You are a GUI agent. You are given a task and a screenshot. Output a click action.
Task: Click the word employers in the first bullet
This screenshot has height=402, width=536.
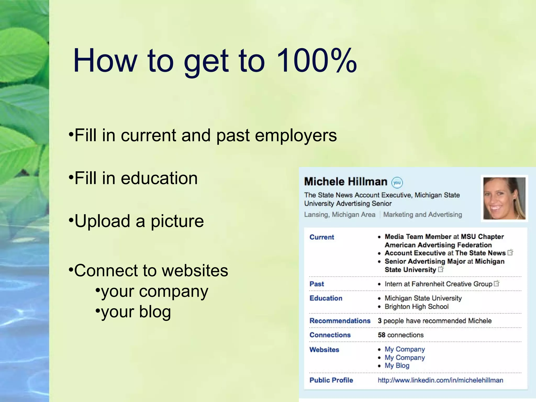click(x=296, y=136)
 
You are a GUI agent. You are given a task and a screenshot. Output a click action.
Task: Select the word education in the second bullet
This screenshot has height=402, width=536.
click(x=159, y=178)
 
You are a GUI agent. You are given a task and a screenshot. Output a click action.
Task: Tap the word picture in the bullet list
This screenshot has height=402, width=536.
click(x=177, y=221)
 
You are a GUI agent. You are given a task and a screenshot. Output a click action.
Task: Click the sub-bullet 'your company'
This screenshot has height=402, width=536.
click(x=154, y=291)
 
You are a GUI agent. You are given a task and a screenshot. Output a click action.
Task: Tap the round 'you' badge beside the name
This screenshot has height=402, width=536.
click(x=397, y=183)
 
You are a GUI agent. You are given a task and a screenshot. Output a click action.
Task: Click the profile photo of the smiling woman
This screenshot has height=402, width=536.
click(x=504, y=198)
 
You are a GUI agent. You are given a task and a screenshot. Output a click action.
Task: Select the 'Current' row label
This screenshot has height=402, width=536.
click(x=322, y=237)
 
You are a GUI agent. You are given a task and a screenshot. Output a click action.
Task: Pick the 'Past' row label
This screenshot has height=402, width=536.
click(x=317, y=284)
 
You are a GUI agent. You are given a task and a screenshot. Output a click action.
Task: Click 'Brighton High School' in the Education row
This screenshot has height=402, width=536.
click(x=416, y=307)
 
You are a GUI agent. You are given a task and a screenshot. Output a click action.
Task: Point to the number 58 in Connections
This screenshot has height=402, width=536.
click(x=381, y=335)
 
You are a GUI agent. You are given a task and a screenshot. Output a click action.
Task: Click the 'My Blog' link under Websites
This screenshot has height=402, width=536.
click(x=397, y=366)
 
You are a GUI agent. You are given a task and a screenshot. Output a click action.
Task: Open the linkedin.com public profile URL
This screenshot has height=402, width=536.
click(x=440, y=380)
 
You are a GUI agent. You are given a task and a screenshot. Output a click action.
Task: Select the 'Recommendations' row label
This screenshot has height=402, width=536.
click(x=340, y=321)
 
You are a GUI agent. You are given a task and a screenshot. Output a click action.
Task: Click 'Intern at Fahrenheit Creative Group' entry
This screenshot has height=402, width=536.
click(x=438, y=284)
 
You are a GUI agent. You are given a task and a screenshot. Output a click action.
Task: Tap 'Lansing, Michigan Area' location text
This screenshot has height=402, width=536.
click(x=339, y=215)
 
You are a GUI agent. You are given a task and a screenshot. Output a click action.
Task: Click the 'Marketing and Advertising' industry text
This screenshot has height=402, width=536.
click(x=422, y=215)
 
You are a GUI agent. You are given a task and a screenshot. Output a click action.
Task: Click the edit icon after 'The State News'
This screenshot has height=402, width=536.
click(x=510, y=253)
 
